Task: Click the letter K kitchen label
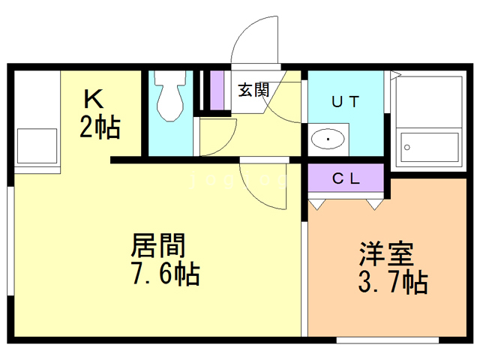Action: [92, 99]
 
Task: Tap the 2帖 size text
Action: [100, 128]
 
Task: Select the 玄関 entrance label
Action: [253, 90]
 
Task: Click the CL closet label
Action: [346, 179]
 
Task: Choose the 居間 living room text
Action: [158, 245]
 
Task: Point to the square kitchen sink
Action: [37, 145]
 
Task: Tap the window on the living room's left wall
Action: [10, 240]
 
